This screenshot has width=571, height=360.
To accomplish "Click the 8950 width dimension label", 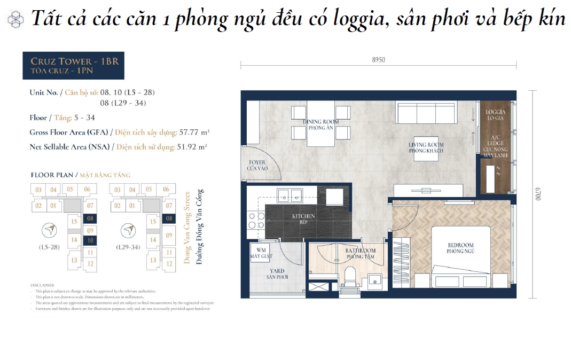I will tap(378, 60).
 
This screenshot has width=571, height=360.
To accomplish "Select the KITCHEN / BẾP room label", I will tap(303, 218).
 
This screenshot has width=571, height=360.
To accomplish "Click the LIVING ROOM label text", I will tap(426, 147).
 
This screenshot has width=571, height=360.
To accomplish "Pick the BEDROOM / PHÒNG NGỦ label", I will tap(460, 248).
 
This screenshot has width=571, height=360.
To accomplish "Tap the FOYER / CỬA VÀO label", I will tap(257, 165).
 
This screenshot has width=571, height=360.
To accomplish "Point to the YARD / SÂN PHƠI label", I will tap(277, 275).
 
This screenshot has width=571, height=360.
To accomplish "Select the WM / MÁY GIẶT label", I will tap(262, 253).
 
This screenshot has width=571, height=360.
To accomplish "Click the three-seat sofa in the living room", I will tap(425, 113).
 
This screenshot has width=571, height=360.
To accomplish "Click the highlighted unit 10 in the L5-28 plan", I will tap(90, 241).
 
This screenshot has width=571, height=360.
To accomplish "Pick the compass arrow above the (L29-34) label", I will tap(128, 230).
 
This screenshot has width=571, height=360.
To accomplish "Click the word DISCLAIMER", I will tap(42, 286).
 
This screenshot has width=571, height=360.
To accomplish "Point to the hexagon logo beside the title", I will tap(15, 20).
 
